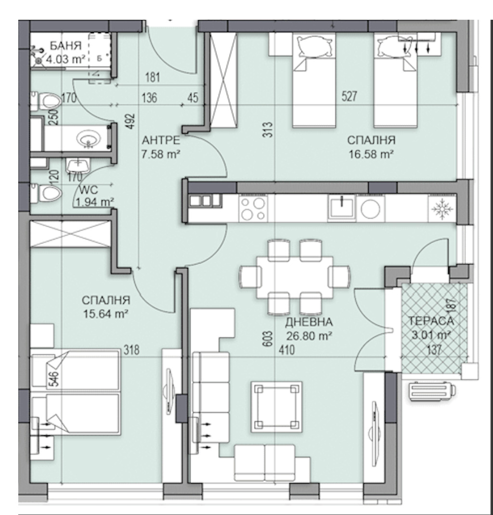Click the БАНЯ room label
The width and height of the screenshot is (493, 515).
pyautogui.click(x=65, y=46)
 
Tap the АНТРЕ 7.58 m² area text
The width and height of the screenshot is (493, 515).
pyautogui.click(x=161, y=147)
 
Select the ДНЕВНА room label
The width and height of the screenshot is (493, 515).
pyautogui.click(x=309, y=322)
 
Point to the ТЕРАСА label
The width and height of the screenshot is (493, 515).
pyautogui.click(x=431, y=321)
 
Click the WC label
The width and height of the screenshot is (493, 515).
pyautogui.click(x=89, y=190)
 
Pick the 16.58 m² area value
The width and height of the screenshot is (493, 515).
pyautogui.click(x=371, y=154)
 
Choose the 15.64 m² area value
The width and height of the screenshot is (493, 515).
pyautogui.click(x=106, y=314)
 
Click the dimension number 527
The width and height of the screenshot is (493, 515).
pyautogui.click(x=349, y=97)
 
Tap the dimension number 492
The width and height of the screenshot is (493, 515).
pyautogui.click(x=131, y=121)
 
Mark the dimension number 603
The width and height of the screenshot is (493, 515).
pyautogui.click(x=268, y=339)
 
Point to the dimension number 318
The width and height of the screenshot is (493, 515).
pyautogui.click(x=131, y=350)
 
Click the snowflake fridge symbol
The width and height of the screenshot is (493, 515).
pyautogui.click(x=442, y=208)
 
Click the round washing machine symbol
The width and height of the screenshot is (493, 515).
pyautogui.click(x=371, y=208)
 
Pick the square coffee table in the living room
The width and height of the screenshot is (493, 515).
pyautogui.click(x=276, y=407)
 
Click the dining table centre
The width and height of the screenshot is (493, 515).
pyautogui.click(x=295, y=278)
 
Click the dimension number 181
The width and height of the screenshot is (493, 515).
pyautogui.click(x=153, y=77)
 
